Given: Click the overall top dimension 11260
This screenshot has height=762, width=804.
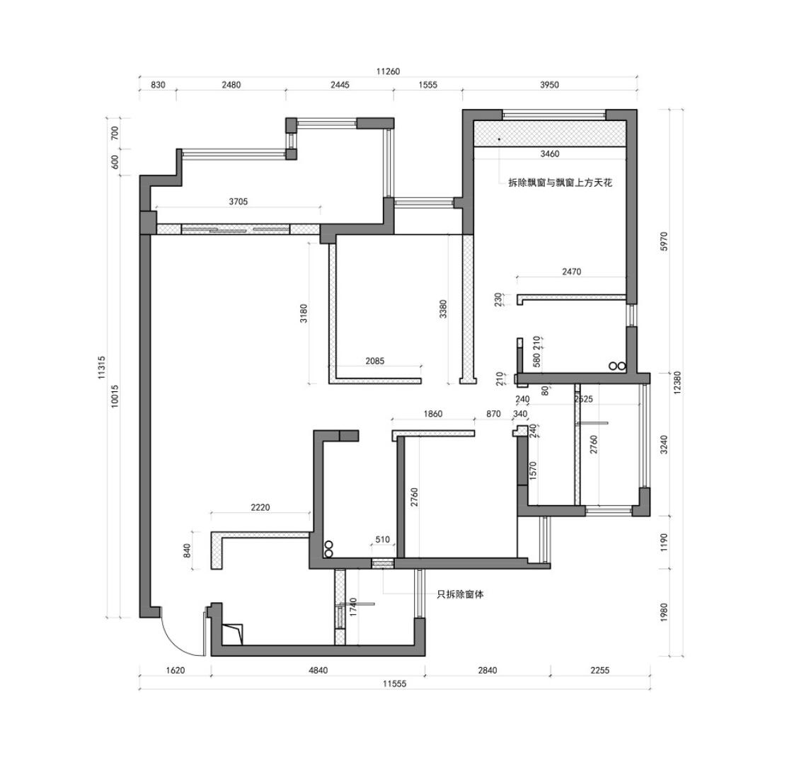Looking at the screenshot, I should (x=388, y=71).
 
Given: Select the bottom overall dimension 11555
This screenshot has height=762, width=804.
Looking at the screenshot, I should (x=394, y=683).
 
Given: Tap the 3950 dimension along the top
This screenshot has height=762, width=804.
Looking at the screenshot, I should (x=549, y=85).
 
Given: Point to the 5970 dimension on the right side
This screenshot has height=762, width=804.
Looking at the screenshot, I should (x=663, y=241).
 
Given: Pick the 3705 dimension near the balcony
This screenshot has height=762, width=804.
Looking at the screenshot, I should (x=239, y=202).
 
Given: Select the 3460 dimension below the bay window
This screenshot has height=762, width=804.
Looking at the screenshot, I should (x=549, y=154).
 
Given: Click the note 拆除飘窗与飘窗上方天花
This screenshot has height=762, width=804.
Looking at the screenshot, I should (x=560, y=183).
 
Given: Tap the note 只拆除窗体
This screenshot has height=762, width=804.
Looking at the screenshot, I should (x=461, y=594).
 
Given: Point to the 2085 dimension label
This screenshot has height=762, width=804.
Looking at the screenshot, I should (x=375, y=361).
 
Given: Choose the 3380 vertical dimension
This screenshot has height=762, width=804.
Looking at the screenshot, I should (x=443, y=310).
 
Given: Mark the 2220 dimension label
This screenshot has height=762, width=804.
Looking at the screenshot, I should (x=260, y=507).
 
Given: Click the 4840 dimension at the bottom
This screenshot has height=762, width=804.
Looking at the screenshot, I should (x=318, y=670).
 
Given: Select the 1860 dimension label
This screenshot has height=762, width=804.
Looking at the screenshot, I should (x=432, y=414).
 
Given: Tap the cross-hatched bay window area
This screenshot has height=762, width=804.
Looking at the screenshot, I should (x=549, y=134).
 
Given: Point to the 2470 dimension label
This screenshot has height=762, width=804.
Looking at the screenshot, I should (x=571, y=271).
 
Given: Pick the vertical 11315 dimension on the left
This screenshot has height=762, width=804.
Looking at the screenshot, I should (x=102, y=368).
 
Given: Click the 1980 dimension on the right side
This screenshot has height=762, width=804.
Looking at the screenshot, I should (x=663, y=612).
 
